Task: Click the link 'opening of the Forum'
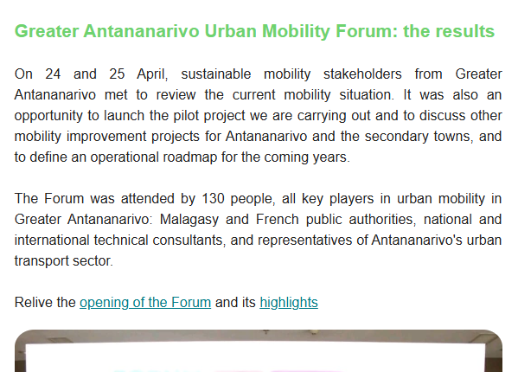click(x=145, y=303)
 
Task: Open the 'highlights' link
click(x=289, y=303)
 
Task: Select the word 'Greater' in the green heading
click(x=47, y=31)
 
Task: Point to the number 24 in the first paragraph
click(x=53, y=74)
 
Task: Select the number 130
click(x=213, y=199)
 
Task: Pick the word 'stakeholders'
click(x=362, y=74)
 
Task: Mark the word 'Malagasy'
click(x=189, y=220)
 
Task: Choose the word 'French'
click(x=278, y=220)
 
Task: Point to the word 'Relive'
click(x=32, y=303)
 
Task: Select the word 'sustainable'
click(x=216, y=74)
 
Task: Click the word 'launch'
click(x=125, y=116)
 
